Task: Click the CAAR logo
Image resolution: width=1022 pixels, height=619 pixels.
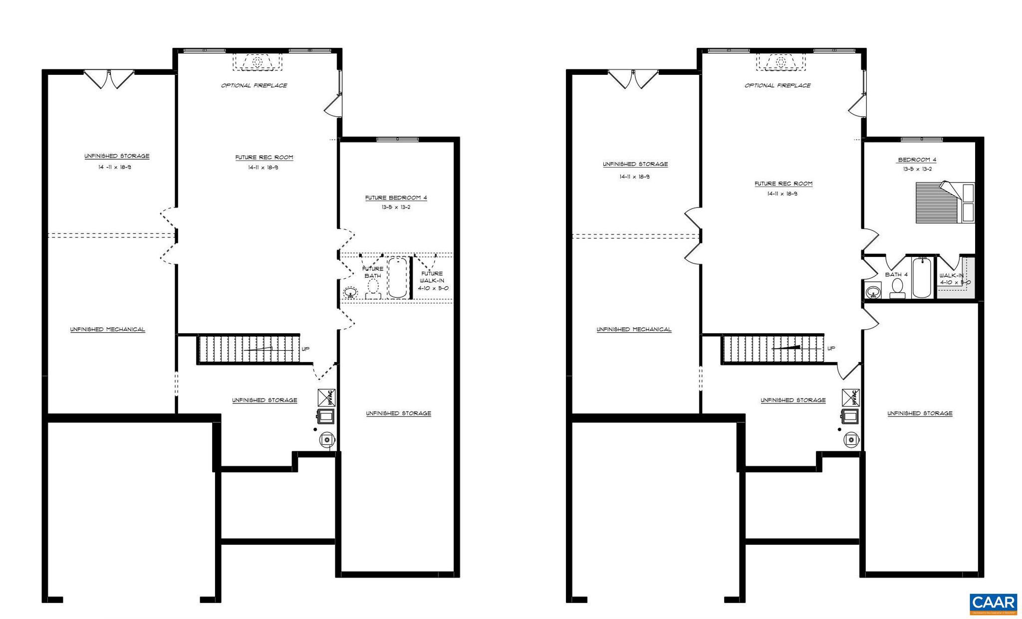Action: click(x=993, y=604)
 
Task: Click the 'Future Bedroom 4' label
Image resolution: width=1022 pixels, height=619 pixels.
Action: click(x=396, y=198)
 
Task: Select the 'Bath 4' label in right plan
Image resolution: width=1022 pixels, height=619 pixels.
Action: click(x=896, y=275)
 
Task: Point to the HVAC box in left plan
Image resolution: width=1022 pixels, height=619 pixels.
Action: click(x=327, y=398)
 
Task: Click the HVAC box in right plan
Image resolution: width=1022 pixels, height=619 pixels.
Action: click(x=851, y=398)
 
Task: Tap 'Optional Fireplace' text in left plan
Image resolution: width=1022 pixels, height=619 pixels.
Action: click(x=254, y=86)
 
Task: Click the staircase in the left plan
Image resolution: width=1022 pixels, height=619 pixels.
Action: click(x=248, y=349)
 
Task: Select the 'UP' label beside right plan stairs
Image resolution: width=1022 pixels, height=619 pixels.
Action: click(x=831, y=349)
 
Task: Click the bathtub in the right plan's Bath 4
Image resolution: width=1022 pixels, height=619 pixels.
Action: click(x=922, y=278)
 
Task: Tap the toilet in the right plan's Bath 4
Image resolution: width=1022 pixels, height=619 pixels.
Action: click(x=897, y=288)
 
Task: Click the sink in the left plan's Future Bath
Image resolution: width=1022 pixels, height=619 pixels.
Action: click(x=350, y=292)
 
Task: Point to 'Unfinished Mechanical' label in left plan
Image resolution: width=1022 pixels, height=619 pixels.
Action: click(x=107, y=330)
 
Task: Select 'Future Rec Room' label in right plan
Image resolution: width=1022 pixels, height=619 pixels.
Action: click(x=783, y=184)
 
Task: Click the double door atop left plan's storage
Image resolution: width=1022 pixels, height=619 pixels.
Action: click(x=109, y=79)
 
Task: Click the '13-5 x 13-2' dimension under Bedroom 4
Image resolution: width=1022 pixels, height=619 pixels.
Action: click(x=917, y=170)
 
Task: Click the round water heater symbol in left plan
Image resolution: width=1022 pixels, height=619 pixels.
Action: click(x=327, y=439)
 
